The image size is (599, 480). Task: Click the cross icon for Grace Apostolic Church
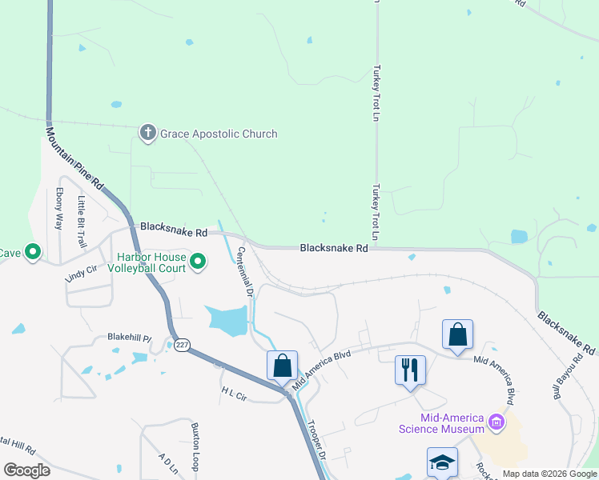click(x=147, y=133)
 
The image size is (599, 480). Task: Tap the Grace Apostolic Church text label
click(x=219, y=134)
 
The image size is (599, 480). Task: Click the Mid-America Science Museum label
click(x=442, y=423)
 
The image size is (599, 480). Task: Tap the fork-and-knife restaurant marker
click(x=410, y=370)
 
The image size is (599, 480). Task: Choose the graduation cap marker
click(x=442, y=462)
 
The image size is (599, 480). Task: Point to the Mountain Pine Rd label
click(x=75, y=159)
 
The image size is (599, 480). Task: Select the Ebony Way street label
click(x=58, y=209)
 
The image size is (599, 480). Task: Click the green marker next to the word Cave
click(x=33, y=253)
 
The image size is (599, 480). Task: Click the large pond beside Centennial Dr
click(x=227, y=320)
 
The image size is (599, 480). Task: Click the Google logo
click(x=26, y=470)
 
